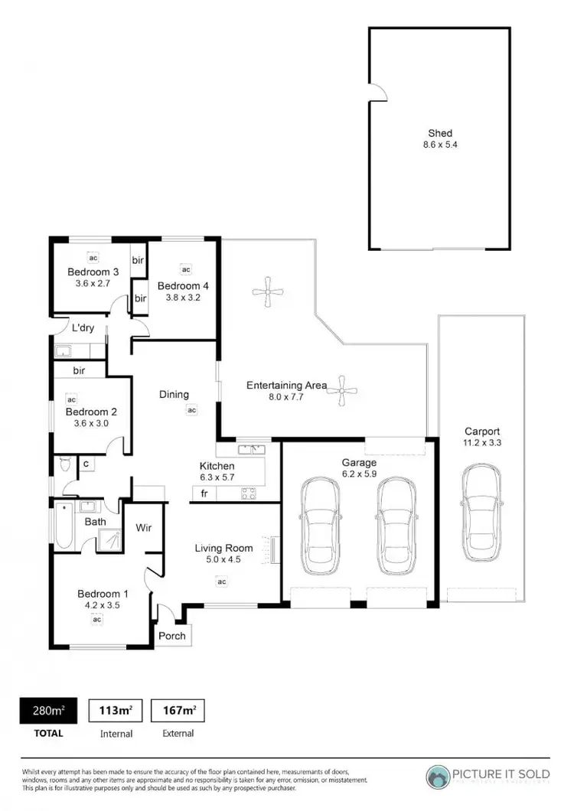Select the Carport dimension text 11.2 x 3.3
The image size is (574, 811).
(481, 443)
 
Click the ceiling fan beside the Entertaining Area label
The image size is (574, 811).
(343, 391)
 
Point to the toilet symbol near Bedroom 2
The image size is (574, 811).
(65, 464)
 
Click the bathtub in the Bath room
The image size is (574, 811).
(64, 526)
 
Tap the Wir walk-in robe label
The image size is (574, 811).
(143, 527)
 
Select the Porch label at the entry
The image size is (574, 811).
(172, 636)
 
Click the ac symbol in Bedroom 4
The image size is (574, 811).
(185, 269)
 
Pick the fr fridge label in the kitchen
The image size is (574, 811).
(204, 494)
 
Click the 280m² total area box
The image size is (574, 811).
(47, 711)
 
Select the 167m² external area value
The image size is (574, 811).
(178, 711)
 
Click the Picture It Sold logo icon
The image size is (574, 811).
(439, 777)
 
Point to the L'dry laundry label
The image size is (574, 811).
(82, 328)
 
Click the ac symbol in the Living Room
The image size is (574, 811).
(222, 582)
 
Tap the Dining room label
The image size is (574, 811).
(174, 395)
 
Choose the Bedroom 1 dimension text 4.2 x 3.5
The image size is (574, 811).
(98, 606)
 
